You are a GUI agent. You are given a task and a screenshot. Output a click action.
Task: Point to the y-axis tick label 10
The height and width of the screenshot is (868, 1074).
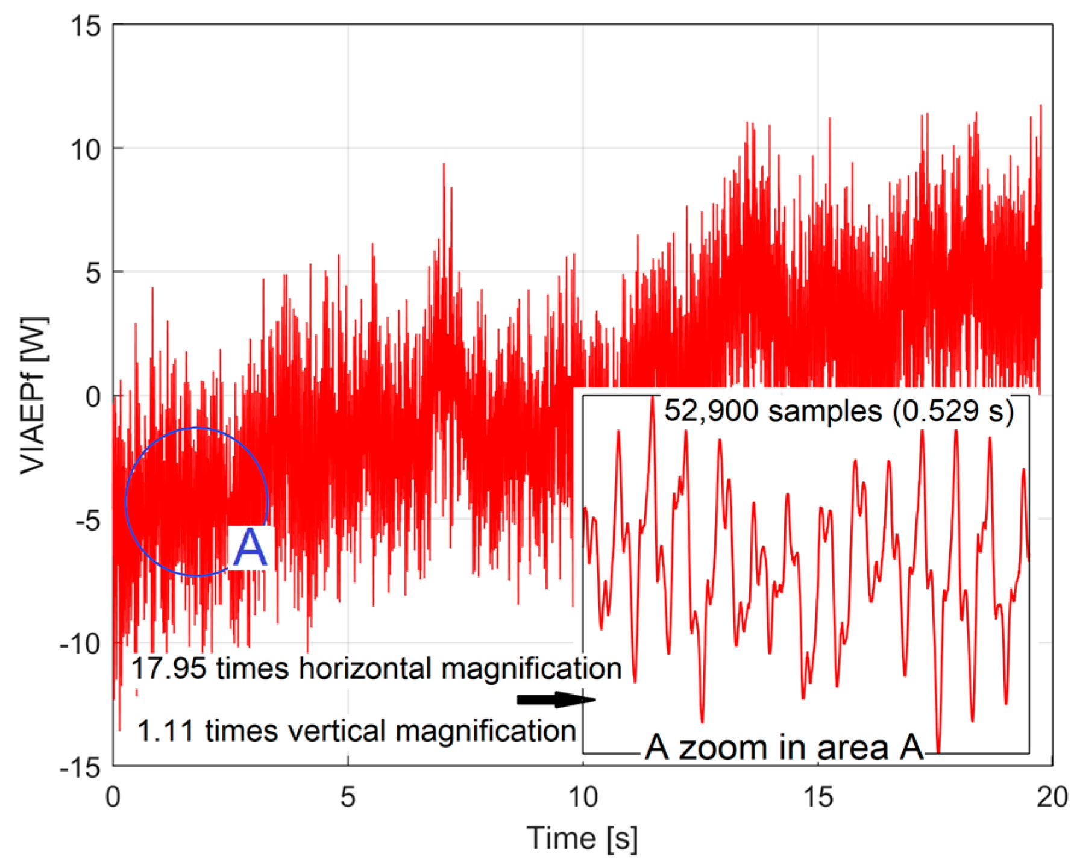(x=85, y=149)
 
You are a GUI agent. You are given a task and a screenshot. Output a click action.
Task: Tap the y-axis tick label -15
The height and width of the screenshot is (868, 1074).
(x=80, y=767)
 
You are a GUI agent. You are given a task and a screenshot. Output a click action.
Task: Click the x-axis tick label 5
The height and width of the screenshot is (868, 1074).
(x=348, y=797)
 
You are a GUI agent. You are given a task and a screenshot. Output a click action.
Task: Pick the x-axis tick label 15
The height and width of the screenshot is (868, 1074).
(x=818, y=797)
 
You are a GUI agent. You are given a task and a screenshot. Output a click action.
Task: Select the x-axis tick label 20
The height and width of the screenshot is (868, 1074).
(x=1052, y=797)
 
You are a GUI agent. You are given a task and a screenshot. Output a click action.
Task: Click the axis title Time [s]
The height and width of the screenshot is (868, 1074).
(x=582, y=838)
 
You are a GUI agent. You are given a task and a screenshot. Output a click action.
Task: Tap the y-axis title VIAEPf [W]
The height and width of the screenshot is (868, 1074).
(x=34, y=395)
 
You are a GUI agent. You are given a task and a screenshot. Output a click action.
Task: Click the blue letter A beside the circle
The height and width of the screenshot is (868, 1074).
(x=250, y=548)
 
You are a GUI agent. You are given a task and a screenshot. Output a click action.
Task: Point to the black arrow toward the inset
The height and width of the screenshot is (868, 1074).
(x=556, y=699)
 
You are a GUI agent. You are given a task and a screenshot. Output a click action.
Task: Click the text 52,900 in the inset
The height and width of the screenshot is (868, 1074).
(x=703, y=411)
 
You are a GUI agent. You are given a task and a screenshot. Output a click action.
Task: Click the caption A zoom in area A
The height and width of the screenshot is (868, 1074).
(x=784, y=748)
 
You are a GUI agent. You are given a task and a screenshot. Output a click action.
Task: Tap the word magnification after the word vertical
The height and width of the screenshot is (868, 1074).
(x=486, y=731)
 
